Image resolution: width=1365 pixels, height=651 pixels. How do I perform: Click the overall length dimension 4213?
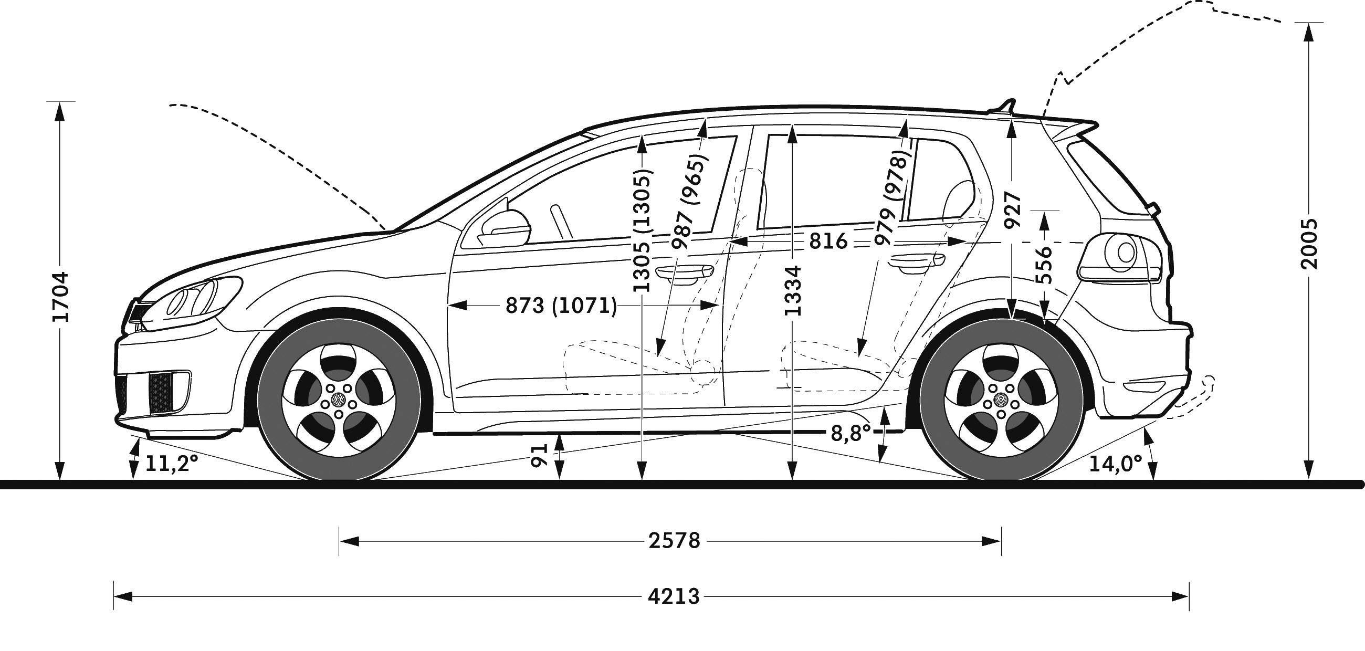674,597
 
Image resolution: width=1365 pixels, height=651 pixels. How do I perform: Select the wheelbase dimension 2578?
674,541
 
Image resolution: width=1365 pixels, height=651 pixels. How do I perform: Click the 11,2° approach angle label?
171,464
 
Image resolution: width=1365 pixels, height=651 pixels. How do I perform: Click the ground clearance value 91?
539,455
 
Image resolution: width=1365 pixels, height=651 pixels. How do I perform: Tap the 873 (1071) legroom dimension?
561,306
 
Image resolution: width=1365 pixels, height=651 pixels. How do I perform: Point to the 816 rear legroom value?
828,241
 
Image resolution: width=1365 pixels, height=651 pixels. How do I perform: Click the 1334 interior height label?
793,291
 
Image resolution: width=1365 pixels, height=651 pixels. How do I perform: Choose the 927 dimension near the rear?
1013,210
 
